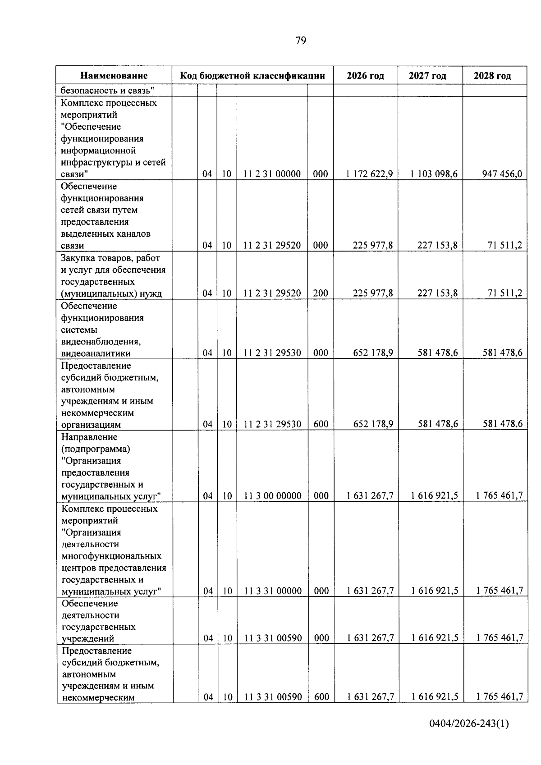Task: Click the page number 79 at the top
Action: [x=301, y=41]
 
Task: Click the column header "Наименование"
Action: [x=114, y=76]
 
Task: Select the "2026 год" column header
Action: [x=365, y=76]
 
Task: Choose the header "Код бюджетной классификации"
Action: [x=252, y=76]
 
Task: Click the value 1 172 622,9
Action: [x=369, y=174]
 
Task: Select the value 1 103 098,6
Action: [x=434, y=174]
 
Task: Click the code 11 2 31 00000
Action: [x=271, y=174]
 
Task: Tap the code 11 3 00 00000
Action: [x=272, y=496]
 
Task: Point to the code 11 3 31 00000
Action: [x=272, y=591]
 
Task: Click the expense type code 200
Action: [x=321, y=293]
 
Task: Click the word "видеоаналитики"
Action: [x=96, y=353]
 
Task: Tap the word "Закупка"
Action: [x=79, y=258]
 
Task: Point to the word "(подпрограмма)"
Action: [x=96, y=449]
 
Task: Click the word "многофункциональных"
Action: [x=111, y=556]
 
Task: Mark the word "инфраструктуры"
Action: [x=97, y=162]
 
